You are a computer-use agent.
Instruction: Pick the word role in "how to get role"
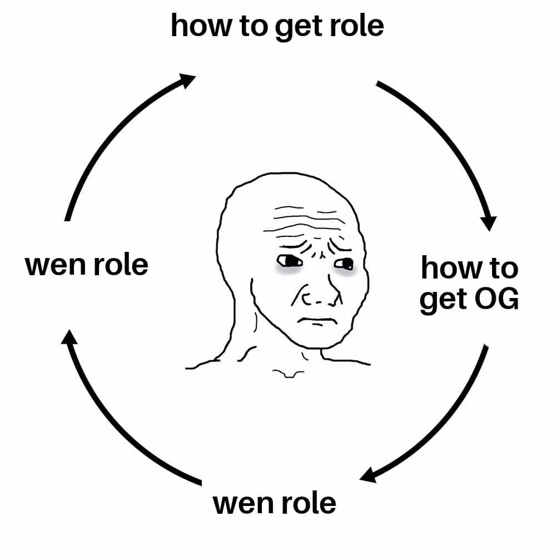click(356, 26)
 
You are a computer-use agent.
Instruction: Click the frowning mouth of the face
click(314, 321)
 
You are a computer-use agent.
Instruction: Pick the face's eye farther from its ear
click(344, 263)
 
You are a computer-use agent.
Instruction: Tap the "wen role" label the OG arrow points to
click(275, 504)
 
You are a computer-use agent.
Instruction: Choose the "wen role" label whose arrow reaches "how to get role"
click(87, 265)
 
